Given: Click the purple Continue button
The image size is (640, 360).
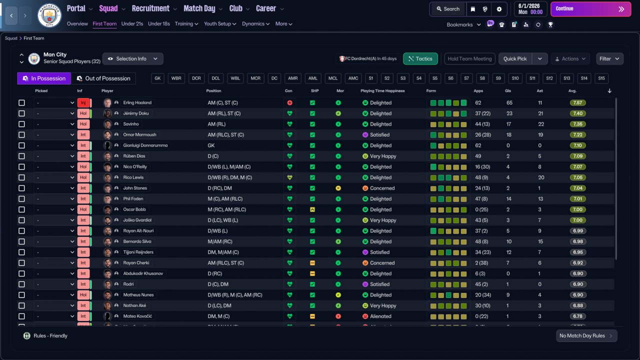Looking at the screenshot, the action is (590, 9).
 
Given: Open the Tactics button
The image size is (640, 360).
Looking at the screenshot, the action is (420, 58).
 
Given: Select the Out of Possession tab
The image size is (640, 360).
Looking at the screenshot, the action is (103, 78).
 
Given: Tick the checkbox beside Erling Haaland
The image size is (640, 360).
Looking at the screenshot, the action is (21, 102).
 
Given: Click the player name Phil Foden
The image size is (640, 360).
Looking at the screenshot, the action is (133, 198).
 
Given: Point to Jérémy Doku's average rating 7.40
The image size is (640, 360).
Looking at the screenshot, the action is (577, 113).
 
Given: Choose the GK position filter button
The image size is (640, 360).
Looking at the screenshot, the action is (157, 78).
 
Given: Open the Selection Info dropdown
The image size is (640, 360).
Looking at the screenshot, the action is (133, 58).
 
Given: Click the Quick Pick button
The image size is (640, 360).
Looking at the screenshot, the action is (515, 58).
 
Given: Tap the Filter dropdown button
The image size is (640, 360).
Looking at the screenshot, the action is (609, 58).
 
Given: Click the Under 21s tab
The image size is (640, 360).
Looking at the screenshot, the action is (132, 23).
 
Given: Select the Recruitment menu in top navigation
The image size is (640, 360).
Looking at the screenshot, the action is (150, 8).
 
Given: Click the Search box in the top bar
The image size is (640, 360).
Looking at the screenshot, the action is (448, 9).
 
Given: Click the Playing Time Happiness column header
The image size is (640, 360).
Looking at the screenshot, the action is (382, 91).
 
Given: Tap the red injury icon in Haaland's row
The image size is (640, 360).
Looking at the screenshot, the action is (289, 103).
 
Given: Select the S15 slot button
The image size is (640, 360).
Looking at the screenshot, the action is (601, 78).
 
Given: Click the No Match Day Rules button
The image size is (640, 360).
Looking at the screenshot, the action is (586, 335).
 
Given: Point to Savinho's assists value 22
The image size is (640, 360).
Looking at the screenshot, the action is (541, 124).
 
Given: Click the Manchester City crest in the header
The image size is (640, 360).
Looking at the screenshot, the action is (49, 15).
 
